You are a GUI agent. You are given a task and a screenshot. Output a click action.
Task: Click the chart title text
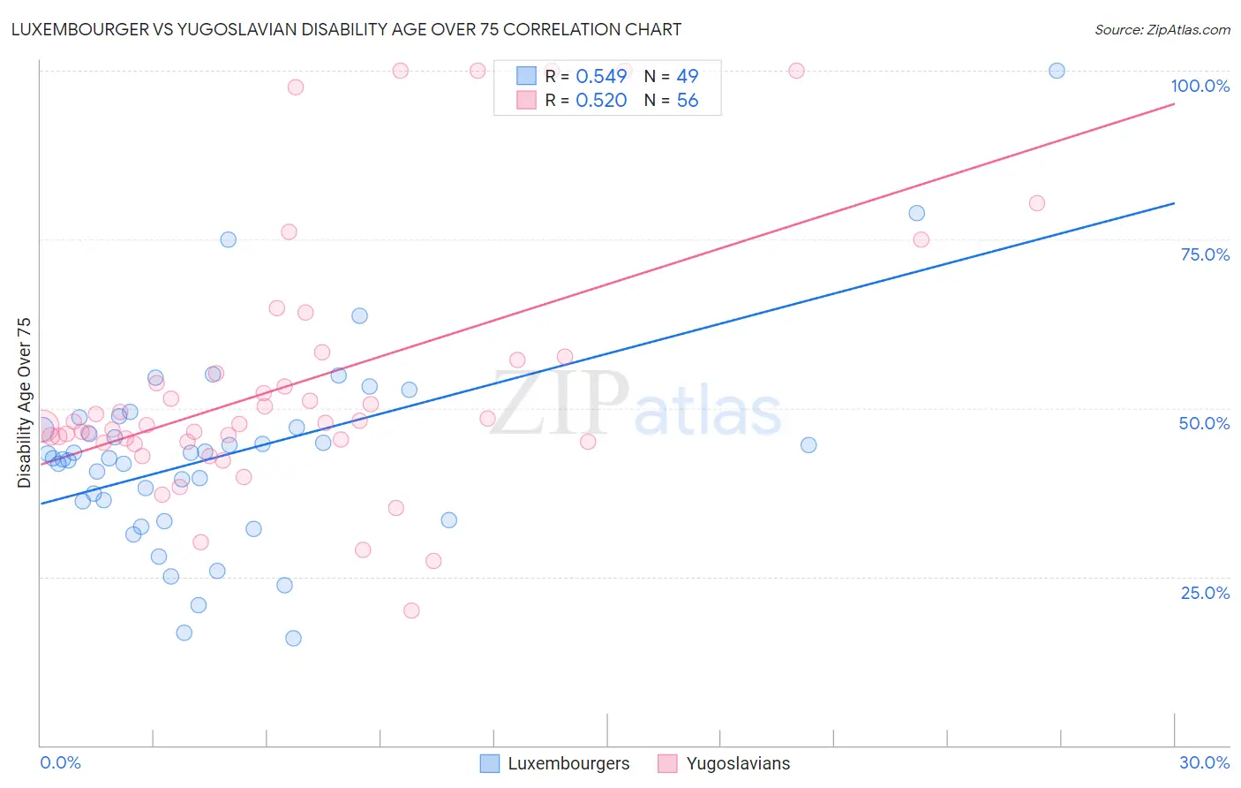[346, 29]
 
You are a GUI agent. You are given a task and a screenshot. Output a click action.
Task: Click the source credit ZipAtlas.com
[1162, 29]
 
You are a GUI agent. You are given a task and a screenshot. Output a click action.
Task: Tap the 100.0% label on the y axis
[1200, 86]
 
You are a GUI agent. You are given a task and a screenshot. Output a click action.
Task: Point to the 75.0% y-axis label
[1205, 254]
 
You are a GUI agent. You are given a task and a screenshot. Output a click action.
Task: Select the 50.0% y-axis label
[1204, 423]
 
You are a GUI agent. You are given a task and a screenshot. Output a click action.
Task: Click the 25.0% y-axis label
[1205, 593]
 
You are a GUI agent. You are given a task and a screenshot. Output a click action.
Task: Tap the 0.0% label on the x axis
[60, 762]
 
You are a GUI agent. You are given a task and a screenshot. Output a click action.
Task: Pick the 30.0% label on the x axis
[1204, 762]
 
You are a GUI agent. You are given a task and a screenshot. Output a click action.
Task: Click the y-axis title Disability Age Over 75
[24, 403]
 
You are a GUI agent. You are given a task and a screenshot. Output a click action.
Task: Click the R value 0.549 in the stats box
[601, 76]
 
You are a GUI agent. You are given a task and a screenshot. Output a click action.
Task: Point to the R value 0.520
[601, 101]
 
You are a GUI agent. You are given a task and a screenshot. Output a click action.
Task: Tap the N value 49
[688, 76]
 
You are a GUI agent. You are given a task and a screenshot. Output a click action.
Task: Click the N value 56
[688, 101]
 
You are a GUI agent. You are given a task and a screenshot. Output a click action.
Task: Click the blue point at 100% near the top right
[1057, 71]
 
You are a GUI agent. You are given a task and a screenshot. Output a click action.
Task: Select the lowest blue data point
[293, 638]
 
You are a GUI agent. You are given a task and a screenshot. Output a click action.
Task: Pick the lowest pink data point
[410, 610]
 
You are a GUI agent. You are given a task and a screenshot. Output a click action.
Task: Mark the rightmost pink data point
[1036, 203]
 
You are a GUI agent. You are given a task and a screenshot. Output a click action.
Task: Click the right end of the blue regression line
[1174, 203]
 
